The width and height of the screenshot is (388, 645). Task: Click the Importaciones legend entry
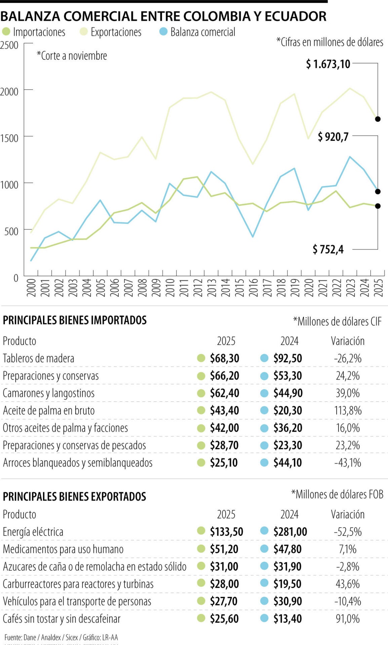coord(34,32)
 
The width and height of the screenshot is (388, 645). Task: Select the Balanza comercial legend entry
coord(197,32)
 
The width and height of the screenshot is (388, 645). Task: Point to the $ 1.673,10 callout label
coord(328,64)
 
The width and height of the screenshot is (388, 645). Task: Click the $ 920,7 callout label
coord(333,137)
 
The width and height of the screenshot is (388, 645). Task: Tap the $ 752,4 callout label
coord(328,249)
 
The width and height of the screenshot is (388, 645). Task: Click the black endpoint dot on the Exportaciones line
coord(378,119)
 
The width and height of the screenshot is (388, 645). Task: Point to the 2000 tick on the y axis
coord(9,91)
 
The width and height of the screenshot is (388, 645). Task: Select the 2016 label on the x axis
coord(254,288)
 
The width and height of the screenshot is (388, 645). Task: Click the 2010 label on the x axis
coord(170,288)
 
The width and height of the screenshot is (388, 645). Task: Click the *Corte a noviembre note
coord(72,56)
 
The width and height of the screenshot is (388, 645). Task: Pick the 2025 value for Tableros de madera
coord(224,358)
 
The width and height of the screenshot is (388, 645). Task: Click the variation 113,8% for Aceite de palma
coord(348,411)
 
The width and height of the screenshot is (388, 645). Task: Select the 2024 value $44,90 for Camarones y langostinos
coord(288,393)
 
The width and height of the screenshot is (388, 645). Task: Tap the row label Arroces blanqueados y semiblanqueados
coord(78,463)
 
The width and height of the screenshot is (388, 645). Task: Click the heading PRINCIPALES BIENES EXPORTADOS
coord(75,497)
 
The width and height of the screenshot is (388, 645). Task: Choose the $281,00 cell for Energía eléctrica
coord(290,532)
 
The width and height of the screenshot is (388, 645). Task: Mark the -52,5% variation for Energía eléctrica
coord(348,532)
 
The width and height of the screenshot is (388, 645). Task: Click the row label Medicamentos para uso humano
coord(63,549)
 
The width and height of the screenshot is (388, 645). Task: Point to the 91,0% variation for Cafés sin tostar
coord(348,618)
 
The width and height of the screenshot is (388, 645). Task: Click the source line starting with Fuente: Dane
coord(61,637)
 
